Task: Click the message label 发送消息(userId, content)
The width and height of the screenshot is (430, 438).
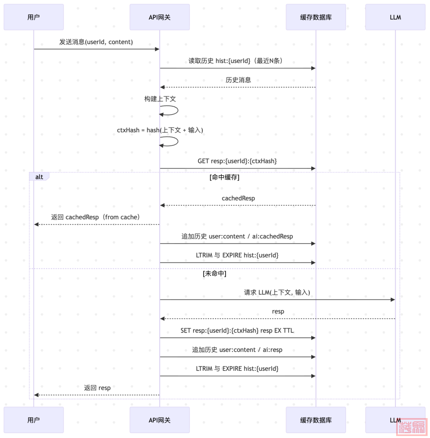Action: point(96,42)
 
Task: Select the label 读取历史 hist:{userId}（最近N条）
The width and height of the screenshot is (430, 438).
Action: point(236,61)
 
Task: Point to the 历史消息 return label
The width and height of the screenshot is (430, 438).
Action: point(238,80)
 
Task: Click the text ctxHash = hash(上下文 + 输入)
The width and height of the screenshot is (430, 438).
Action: point(160,130)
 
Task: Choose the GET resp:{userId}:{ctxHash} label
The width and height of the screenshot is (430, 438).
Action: point(237,161)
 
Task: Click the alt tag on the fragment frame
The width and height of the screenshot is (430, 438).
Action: point(39,176)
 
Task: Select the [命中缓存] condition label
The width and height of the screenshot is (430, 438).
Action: point(224,177)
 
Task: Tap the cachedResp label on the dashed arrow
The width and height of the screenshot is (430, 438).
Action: point(238,198)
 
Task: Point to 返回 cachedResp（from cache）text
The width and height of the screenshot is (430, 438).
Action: point(96,217)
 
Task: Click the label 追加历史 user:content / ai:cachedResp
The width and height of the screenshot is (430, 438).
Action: point(237,236)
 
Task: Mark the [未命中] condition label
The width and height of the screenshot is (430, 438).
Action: point(215,274)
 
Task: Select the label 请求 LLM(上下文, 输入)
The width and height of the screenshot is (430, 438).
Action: point(277,292)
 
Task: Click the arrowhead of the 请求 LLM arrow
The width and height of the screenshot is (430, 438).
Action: point(393,299)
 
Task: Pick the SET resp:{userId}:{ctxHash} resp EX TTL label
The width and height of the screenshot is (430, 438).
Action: point(237,330)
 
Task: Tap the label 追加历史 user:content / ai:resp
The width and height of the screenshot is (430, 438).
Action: point(237,350)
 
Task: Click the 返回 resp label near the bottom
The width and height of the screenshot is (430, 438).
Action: point(97,388)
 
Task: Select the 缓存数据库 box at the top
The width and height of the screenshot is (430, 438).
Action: point(316,17)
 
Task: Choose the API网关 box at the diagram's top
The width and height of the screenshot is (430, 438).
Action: point(160,17)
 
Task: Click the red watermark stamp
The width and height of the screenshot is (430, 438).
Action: point(412,427)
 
